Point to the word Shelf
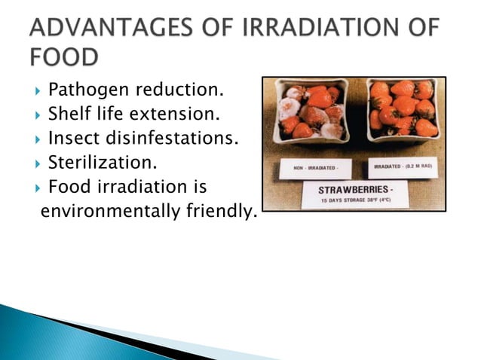(x=69, y=115)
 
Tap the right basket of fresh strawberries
(x=403, y=109)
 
